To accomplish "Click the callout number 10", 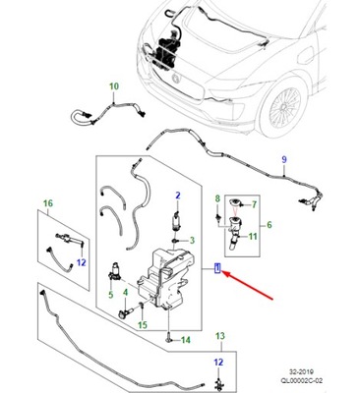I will point(113,86).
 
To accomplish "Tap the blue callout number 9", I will point(284,160).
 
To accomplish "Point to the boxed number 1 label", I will point(217,267).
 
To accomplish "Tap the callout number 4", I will point(125,280).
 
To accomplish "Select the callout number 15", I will point(143,324).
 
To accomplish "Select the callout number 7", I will point(253,206).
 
